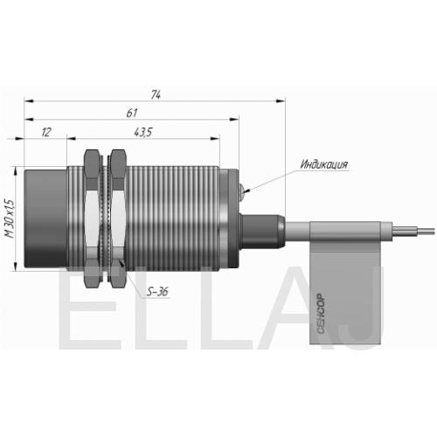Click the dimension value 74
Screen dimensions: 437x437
tap(156, 94)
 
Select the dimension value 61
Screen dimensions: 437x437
tap(132, 113)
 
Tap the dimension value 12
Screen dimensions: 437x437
tap(46, 132)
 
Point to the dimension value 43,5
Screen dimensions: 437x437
tap(143, 133)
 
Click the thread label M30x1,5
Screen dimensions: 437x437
tap(10, 218)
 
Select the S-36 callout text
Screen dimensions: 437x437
tap(157, 292)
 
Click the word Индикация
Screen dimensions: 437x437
tap(324, 164)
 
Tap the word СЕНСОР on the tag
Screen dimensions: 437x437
tap(321, 314)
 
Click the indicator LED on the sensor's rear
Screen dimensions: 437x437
tap(241, 192)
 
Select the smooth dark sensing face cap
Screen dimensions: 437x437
tap(45, 218)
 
